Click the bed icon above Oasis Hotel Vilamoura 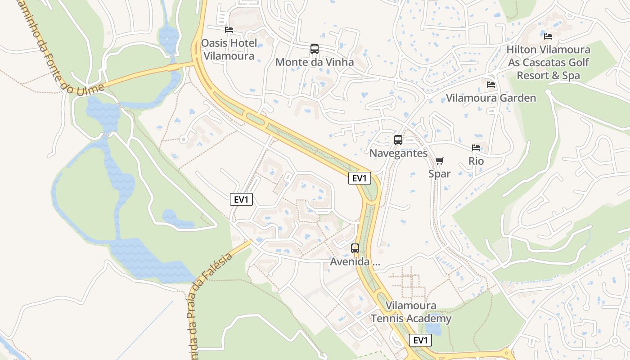click(229, 30)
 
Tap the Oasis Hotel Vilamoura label click(229, 49)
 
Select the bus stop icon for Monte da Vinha click(315, 49)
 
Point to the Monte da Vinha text click(315, 62)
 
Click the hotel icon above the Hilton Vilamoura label click(548, 36)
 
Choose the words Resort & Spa click(548, 76)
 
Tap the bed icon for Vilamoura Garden click(491, 84)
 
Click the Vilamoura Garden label click(491, 98)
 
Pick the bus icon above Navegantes click(398, 140)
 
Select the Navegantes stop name click(398, 153)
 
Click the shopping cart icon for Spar click(440, 161)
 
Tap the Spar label click(440, 173)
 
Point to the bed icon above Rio click(476, 148)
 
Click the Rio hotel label click(476, 161)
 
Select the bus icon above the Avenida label click(355, 248)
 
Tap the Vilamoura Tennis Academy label click(411, 312)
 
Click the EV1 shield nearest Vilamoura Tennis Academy click(420, 340)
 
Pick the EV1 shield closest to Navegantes click(360, 178)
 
